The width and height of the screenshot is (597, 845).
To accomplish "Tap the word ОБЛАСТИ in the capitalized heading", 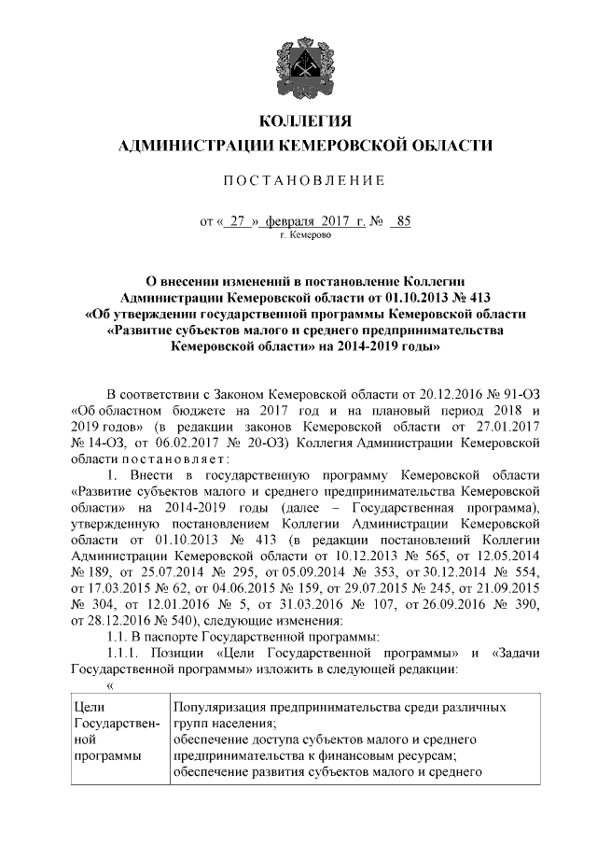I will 447,146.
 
